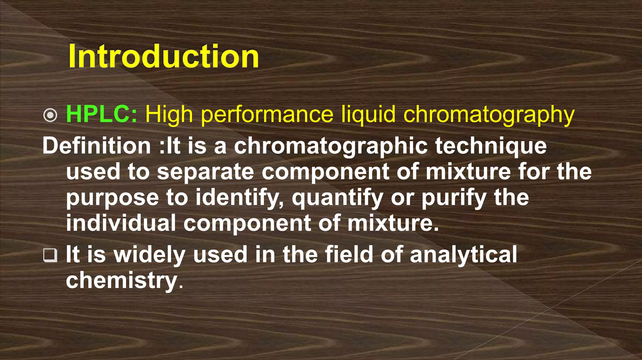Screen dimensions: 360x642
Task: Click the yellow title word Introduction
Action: pyautogui.click(x=164, y=56)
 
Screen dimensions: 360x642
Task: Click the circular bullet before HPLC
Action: pyautogui.click(x=50, y=115)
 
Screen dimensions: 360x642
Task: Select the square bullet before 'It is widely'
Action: pyautogui.click(x=50, y=255)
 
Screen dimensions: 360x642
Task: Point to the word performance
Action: pyautogui.click(x=267, y=115)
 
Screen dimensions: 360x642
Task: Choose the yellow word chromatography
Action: pyautogui.click(x=489, y=115)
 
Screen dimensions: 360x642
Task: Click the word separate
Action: pyautogui.click(x=205, y=172)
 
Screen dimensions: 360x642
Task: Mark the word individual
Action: pyautogui.click(x=121, y=223)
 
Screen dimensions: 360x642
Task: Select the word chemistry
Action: pyautogui.click(x=122, y=281)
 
